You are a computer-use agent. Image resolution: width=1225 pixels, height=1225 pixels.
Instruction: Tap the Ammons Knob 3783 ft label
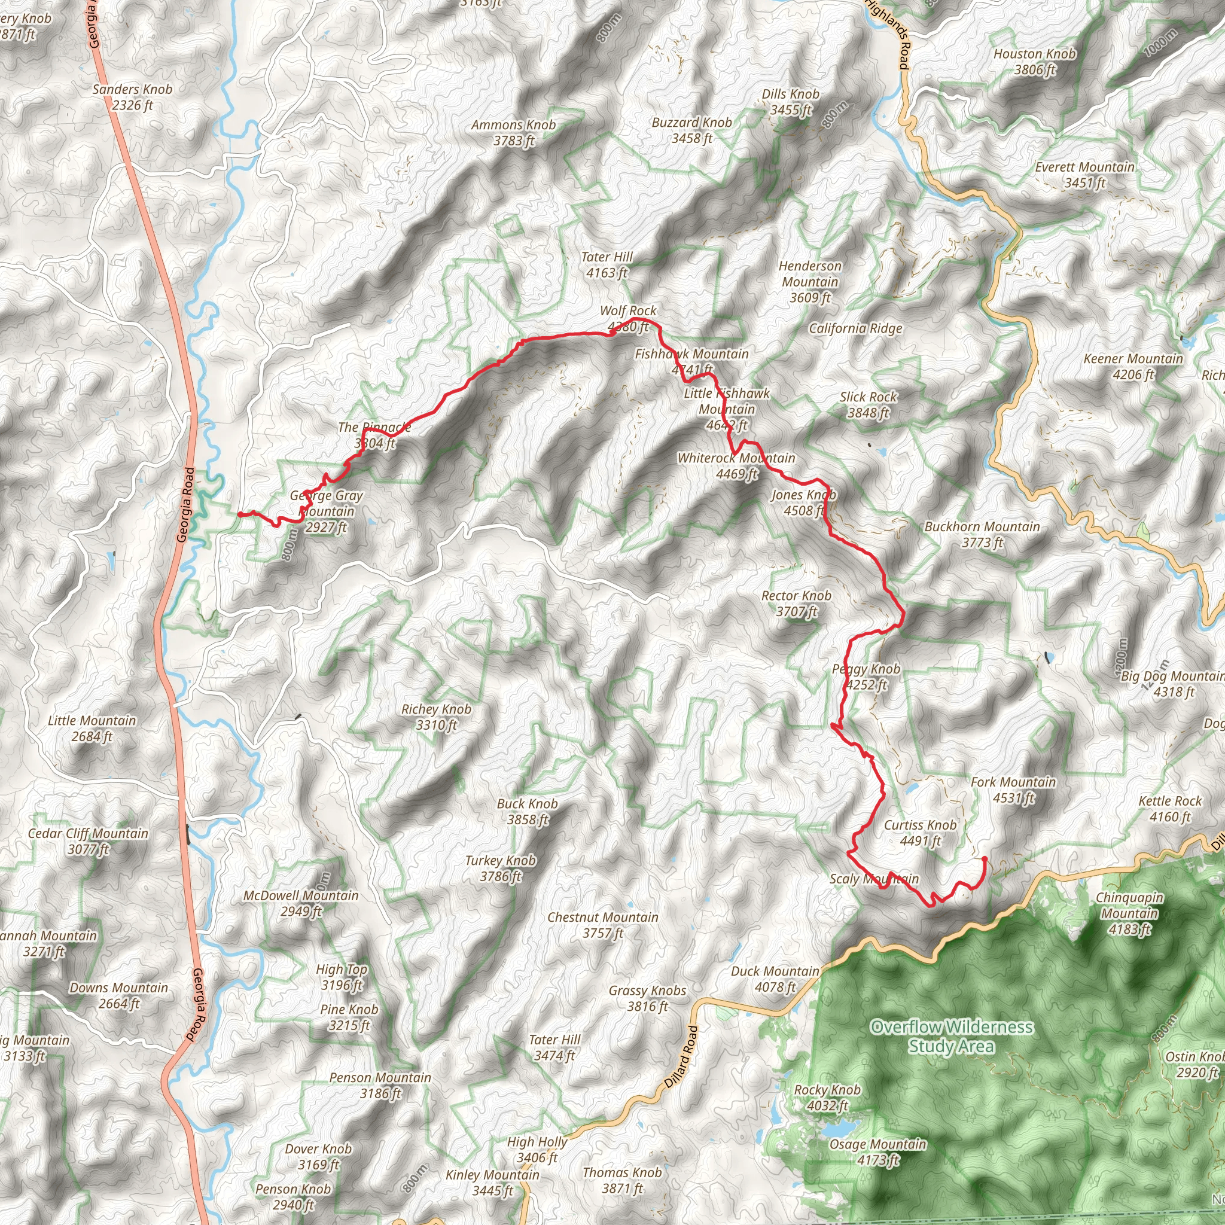(513, 133)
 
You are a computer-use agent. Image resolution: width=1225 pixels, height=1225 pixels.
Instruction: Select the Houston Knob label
(1034, 62)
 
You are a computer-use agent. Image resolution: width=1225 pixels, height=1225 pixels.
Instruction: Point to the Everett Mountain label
(1084, 175)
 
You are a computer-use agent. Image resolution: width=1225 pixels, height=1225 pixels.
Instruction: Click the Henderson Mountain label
(810, 282)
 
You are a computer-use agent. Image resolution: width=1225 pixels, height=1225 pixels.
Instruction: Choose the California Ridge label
(855, 328)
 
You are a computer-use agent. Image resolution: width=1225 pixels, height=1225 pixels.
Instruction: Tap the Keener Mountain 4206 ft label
(1132, 367)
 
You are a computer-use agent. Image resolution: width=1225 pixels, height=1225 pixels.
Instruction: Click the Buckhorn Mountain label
(982, 534)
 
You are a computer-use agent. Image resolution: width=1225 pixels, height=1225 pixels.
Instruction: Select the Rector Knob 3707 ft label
(796, 603)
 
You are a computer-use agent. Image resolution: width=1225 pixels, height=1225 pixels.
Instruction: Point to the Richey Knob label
(435, 717)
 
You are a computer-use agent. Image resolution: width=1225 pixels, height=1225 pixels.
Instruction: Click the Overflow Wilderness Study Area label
(951, 1036)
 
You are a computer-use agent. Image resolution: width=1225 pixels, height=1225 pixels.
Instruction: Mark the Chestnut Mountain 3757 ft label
(602, 925)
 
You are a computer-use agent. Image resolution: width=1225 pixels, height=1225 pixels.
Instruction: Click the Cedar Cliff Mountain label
(87, 841)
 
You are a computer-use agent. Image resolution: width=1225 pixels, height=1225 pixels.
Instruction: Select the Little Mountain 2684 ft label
(92, 728)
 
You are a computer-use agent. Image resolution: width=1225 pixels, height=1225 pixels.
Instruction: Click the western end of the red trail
(240, 514)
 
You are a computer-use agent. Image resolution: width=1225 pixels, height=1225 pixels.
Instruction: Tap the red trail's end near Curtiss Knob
(984, 858)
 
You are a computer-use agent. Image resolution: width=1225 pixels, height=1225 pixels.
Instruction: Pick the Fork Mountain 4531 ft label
(1013, 790)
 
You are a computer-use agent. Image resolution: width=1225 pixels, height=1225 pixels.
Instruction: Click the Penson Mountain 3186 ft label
(380, 1085)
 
